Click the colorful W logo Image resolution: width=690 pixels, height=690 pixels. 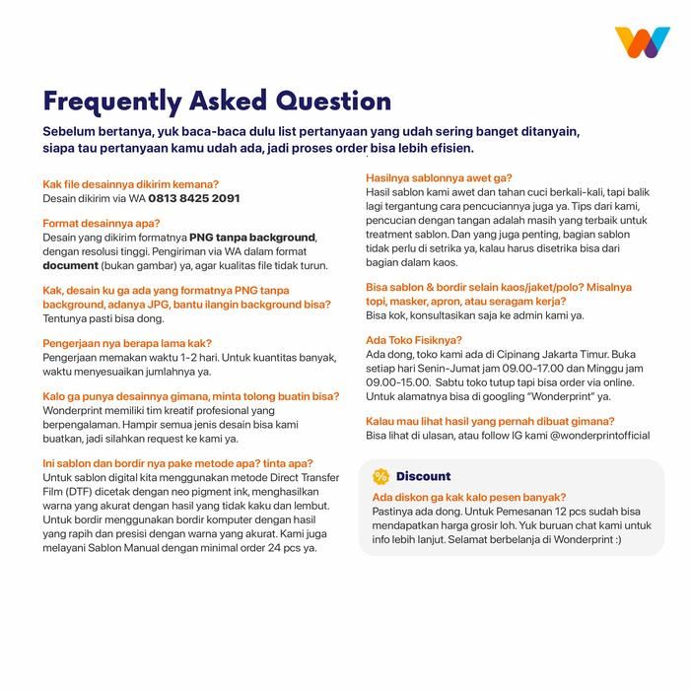tap(642, 42)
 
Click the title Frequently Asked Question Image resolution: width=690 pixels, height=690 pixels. tap(217, 102)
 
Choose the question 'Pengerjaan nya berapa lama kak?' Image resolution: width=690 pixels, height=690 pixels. tap(128, 344)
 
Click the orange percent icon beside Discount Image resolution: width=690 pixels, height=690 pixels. tap(380, 476)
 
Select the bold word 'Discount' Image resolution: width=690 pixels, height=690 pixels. tap(423, 476)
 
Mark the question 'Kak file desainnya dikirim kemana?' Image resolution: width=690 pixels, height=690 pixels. tap(131, 184)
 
